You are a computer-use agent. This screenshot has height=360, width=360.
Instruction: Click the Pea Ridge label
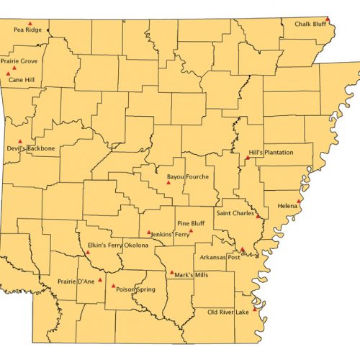click(x=28, y=30)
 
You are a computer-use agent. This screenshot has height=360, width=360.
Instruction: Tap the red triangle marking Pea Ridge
click(x=30, y=23)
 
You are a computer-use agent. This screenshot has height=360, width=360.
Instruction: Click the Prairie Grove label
click(x=19, y=61)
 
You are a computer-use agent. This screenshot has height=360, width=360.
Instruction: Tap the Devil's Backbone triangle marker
click(x=20, y=141)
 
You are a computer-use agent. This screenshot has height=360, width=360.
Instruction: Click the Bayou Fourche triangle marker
click(x=168, y=182)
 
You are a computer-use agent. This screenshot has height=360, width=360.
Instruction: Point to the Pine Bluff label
click(x=192, y=224)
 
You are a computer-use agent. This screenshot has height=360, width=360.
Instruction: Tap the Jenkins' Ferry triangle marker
click(x=149, y=233)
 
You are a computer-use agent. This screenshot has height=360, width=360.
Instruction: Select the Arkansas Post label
click(x=218, y=258)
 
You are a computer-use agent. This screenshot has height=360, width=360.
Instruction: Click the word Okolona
click(x=135, y=246)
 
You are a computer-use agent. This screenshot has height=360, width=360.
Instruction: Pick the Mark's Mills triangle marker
click(x=171, y=273)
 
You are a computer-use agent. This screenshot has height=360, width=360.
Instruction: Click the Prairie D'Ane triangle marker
click(x=100, y=279)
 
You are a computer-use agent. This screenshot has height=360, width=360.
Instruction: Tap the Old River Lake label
click(x=228, y=312)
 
